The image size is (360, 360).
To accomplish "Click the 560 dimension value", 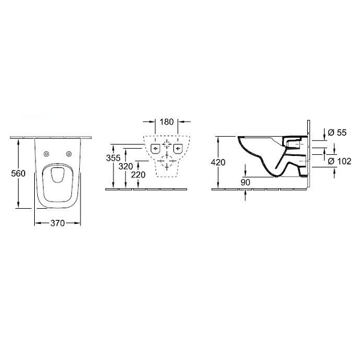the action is (18, 173).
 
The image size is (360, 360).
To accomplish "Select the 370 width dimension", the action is (58, 223).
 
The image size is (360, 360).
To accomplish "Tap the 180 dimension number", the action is (167, 122).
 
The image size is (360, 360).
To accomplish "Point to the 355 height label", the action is (113, 158).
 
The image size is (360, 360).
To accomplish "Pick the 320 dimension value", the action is (125, 166).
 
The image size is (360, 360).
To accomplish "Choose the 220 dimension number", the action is (138, 175).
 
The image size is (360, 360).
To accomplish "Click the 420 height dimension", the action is (218, 163).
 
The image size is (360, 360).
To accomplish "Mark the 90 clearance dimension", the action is (245, 182).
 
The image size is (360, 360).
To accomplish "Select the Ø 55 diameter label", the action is (337, 133).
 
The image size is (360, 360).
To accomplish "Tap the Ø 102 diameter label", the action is (340, 161).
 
